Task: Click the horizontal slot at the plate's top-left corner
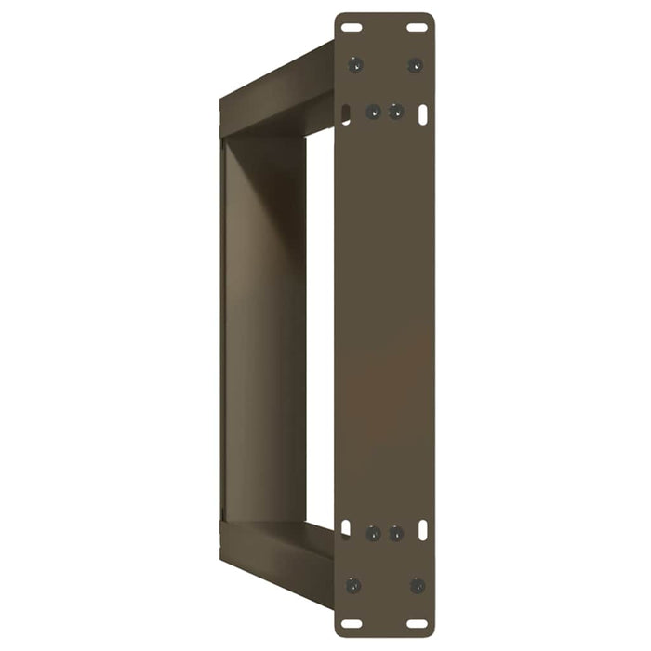click(352, 28)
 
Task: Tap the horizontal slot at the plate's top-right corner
click(418, 28)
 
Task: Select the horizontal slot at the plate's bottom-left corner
click(352, 623)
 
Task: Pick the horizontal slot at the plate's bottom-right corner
click(418, 623)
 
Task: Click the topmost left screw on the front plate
click(354, 65)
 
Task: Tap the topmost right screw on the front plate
click(415, 65)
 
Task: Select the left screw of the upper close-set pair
click(373, 112)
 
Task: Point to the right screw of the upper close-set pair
click(396, 112)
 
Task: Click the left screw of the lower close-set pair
click(373, 534)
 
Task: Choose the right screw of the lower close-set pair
click(396, 534)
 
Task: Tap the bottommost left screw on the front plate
click(353, 586)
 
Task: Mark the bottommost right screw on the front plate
click(417, 586)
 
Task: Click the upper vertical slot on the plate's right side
click(423, 114)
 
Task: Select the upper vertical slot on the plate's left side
click(346, 114)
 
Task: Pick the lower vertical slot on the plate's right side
click(423, 528)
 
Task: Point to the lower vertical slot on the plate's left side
click(346, 528)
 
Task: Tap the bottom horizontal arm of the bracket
click(277, 553)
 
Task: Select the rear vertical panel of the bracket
click(262, 325)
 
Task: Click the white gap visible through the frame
click(319, 325)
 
